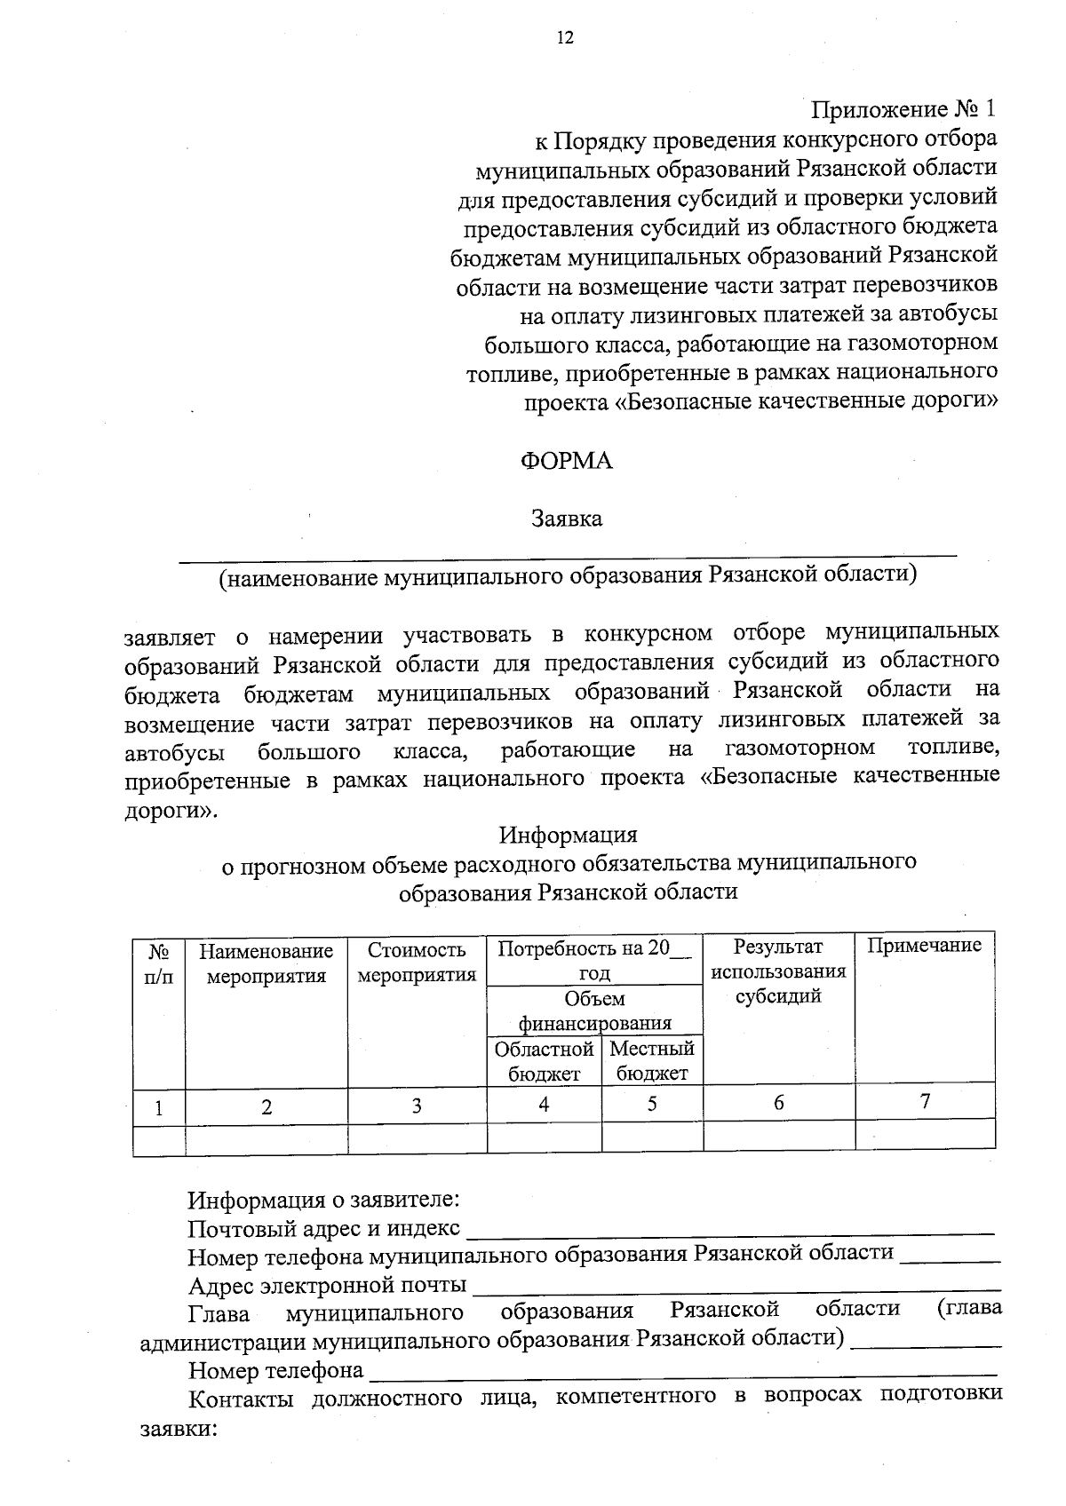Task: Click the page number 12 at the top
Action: (x=565, y=37)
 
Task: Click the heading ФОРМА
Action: (x=566, y=462)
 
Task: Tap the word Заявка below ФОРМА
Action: (x=566, y=519)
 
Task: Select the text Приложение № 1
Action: (x=903, y=109)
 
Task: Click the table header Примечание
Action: (x=924, y=946)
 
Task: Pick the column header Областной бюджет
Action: (x=544, y=1061)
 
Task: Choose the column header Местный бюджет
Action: (x=652, y=1061)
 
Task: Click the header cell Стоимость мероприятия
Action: (x=417, y=963)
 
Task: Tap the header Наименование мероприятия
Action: (x=266, y=963)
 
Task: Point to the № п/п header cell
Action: (x=159, y=963)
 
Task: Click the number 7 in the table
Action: (x=925, y=1102)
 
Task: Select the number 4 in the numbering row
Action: (x=544, y=1104)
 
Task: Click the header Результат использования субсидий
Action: (x=778, y=971)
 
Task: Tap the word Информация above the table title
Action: (x=568, y=836)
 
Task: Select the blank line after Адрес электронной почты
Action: (x=736, y=1288)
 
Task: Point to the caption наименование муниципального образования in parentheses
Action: (x=568, y=575)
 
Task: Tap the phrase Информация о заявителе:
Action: (x=323, y=1201)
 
